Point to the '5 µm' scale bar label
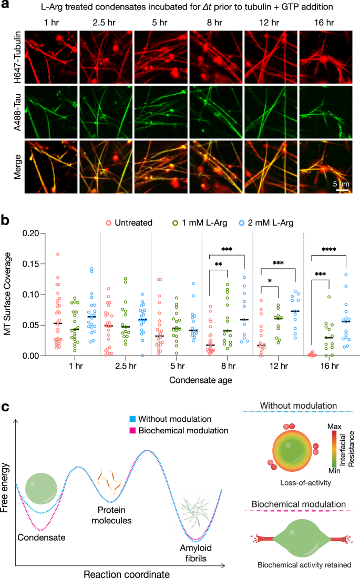click(x=342, y=184)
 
